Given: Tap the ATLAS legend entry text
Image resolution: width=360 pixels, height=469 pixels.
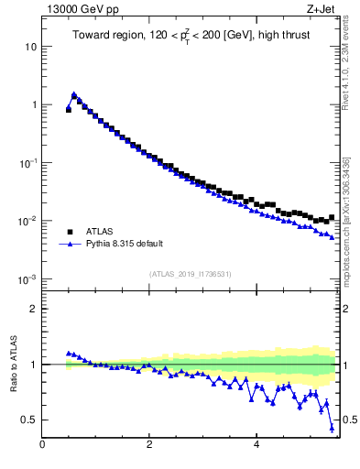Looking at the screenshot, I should [x=99, y=232].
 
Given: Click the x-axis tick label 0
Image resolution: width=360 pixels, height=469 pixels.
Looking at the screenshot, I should [x=42, y=445].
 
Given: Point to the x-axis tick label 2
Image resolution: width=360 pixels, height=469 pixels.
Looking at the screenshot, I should [x=149, y=445].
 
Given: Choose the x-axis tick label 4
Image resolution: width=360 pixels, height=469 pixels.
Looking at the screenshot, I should [x=256, y=445].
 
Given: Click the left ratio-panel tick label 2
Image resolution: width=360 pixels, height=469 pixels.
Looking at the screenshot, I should [x=34, y=309].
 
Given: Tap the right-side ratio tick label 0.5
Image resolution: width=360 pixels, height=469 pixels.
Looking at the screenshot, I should [x=350, y=420].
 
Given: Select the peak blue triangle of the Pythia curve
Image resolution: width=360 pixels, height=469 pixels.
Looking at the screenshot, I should [x=74, y=94].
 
